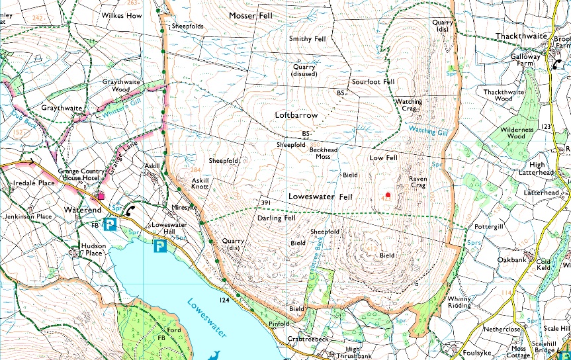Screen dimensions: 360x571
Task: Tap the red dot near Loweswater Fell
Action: click(x=388, y=195)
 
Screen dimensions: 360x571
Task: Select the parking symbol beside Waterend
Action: click(x=110, y=225)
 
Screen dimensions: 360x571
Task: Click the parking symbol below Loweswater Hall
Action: click(x=159, y=247)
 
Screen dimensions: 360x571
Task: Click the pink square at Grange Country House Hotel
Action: click(x=101, y=196)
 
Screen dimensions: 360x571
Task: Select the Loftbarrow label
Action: click(x=296, y=115)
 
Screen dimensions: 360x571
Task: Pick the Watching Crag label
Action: click(x=409, y=106)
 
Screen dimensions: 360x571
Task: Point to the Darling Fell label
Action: click(x=276, y=218)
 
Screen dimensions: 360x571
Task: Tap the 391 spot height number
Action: click(x=266, y=202)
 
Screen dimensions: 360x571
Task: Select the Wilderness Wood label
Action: click(x=516, y=133)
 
